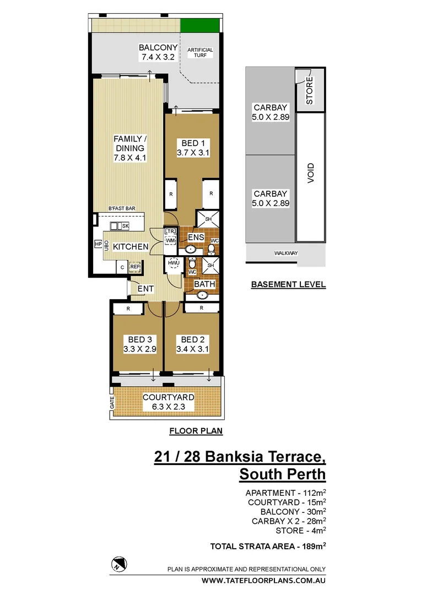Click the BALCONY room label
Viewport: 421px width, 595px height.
tap(157, 47)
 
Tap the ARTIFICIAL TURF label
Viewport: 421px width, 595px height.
tap(200, 53)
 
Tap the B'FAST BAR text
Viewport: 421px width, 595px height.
tap(122, 208)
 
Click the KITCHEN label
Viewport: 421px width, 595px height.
tap(131, 247)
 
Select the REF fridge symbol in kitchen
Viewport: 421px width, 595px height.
tap(135, 267)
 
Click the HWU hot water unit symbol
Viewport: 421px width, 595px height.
tap(174, 264)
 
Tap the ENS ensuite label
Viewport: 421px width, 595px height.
tap(196, 237)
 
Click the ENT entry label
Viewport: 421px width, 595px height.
tap(145, 289)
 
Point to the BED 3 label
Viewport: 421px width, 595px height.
tap(139, 339)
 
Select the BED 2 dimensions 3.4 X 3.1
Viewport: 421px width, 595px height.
tap(192, 349)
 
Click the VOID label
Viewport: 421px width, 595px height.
tap(311, 175)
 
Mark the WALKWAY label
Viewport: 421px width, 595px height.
tap(285, 253)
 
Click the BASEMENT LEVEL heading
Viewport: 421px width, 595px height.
tap(288, 285)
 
